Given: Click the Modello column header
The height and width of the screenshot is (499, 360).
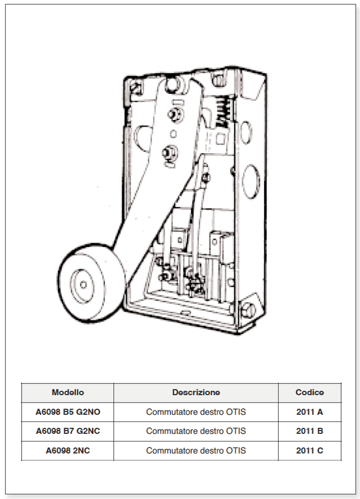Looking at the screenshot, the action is click(x=68, y=392).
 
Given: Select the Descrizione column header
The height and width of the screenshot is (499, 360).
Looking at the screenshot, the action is click(x=196, y=392).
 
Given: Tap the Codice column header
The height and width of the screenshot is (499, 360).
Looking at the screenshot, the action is click(x=309, y=392).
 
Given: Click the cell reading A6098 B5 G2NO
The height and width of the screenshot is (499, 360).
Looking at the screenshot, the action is click(x=68, y=412).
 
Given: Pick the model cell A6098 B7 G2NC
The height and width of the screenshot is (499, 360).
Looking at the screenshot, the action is click(x=68, y=431).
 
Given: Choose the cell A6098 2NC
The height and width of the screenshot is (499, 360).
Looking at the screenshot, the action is click(x=68, y=451).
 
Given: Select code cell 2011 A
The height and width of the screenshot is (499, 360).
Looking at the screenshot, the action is click(x=309, y=412).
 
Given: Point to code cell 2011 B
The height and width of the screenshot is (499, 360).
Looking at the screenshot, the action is click(x=309, y=431).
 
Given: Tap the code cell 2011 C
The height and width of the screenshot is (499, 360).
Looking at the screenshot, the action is click(x=309, y=451).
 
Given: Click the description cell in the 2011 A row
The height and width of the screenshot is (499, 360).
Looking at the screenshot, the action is click(x=196, y=412).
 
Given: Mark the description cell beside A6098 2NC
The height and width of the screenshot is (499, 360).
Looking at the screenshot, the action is click(x=196, y=451).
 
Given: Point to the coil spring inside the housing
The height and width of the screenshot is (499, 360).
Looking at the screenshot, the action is click(x=223, y=111).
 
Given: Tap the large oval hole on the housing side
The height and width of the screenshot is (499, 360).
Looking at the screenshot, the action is click(x=251, y=181).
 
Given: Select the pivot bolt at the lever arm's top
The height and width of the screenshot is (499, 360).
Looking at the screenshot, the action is click(x=174, y=85).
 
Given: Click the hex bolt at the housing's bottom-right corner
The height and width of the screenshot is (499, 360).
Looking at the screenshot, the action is click(x=248, y=310).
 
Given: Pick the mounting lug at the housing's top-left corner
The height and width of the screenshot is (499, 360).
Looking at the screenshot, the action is click(x=136, y=87).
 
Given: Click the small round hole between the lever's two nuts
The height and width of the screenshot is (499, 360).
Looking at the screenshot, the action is click(x=173, y=134).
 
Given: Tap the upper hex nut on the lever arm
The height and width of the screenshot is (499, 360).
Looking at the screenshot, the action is click(x=175, y=115).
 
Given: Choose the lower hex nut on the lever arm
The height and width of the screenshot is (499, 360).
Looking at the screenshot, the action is click(x=170, y=153).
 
